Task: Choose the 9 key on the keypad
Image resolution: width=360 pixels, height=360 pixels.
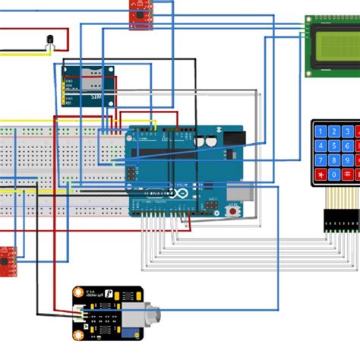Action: coord(348,160)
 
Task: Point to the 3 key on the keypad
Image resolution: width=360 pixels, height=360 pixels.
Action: coord(348,131)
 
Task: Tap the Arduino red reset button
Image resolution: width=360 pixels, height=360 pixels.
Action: coord(229,213)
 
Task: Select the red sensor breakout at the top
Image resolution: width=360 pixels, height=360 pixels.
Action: coord(140,14)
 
